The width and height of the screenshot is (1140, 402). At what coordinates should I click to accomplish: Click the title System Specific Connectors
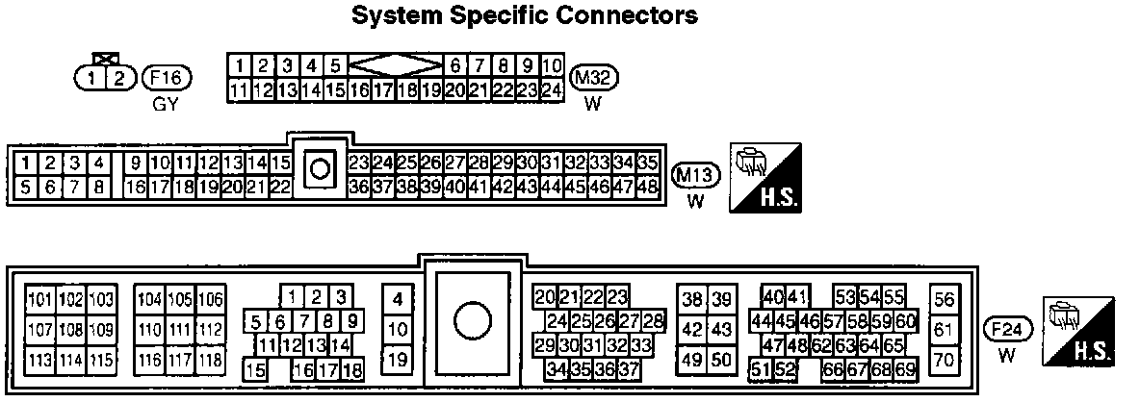524,15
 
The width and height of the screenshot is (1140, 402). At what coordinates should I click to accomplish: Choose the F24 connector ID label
1008,330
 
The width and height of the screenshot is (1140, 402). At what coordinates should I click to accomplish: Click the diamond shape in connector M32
395,66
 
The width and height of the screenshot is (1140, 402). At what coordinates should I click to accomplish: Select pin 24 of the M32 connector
551,90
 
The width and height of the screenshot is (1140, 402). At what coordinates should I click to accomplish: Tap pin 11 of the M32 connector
238,90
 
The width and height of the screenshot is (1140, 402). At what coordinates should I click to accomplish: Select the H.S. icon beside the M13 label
766,179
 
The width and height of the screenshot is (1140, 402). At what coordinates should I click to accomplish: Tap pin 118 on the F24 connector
210,361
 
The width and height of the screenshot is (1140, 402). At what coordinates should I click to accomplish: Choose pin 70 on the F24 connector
945,361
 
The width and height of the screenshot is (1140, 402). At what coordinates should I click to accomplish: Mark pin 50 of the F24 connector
721,361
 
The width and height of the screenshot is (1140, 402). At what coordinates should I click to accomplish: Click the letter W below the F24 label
1007,355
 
